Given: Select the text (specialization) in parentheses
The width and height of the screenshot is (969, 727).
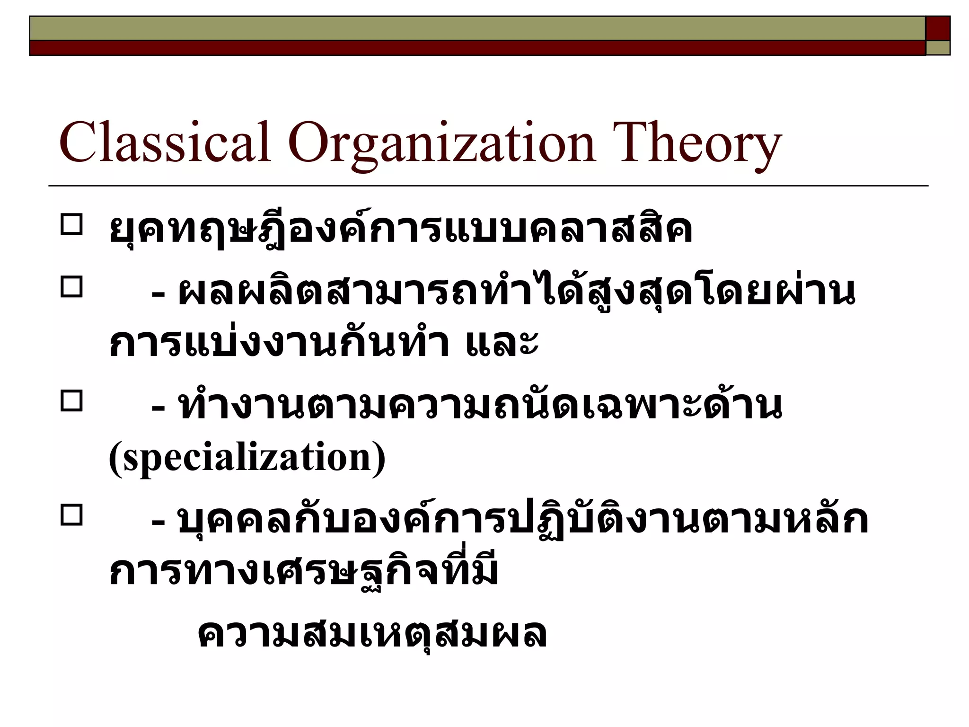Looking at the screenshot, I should (247, 458).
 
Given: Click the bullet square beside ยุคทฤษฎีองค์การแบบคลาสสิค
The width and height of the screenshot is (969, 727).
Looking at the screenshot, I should (71, 225).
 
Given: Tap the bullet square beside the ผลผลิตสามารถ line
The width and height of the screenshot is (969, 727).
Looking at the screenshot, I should (71, 287).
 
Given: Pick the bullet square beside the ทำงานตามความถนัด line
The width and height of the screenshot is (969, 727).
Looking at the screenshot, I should (71, 401).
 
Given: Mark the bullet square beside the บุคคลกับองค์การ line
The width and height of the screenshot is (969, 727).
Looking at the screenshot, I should (71, 515).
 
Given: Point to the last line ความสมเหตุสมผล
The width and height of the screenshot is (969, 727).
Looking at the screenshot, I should (372, 633).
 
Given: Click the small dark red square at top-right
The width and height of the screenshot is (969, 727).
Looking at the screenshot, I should (938, 28).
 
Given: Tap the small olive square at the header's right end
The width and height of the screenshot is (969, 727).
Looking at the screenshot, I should (938, 48).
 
